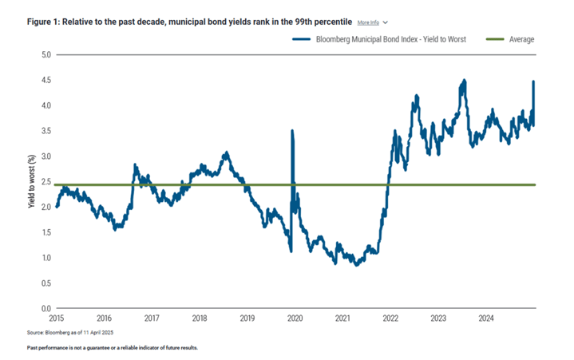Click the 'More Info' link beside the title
[x=368, y=22]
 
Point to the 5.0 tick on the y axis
[x=45, y=55]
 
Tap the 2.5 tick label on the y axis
[x=45, y=182]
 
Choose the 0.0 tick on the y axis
[x=45, y=308]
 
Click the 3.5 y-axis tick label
[x=45, y=131]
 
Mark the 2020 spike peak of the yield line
[x=291, y=131]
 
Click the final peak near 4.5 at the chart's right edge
[x=532, y=81]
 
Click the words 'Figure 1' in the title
[x=42, y=22]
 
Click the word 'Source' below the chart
[x=36, y=331]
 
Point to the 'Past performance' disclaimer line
[x=111, y=348]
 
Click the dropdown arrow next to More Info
[x=386, y=22]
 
